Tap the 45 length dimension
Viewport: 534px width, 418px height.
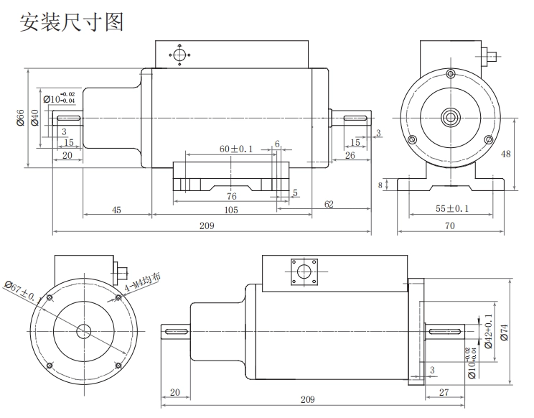[116, 210]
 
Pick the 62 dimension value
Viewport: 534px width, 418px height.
[329, 205]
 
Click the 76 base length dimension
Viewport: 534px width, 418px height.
[231, 196]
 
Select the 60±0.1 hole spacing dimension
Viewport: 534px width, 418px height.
[236, 148]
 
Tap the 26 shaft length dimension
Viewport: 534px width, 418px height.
[350, 156]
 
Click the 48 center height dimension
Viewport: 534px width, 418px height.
[506, 154]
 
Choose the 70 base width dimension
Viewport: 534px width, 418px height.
[450, 226]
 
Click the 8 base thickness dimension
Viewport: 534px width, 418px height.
[380, 185]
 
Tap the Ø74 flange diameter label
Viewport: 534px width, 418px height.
[504, 331]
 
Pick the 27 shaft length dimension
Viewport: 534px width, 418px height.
[443, 391]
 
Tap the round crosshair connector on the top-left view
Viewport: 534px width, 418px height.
[179, 54]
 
